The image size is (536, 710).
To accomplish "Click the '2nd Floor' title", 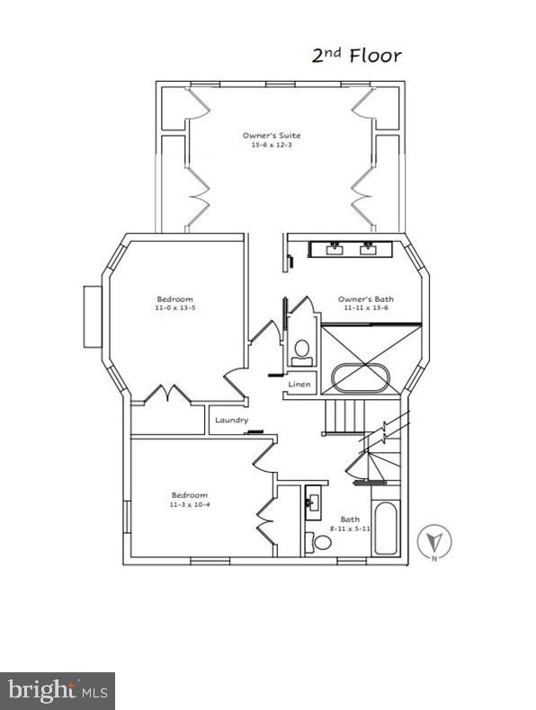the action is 356,55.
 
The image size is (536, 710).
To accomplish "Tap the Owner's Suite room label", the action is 272,136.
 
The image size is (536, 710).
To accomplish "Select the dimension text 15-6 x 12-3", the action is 272,145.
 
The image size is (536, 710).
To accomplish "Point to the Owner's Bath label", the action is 366,299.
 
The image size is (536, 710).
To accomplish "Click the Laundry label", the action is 231,421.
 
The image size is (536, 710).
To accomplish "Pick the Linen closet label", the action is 299,384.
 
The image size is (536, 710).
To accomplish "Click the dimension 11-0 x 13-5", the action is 174,307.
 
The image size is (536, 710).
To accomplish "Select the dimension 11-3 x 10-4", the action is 190,504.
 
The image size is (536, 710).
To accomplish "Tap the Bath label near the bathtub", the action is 350,519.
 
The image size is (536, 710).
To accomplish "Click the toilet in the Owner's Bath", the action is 302,352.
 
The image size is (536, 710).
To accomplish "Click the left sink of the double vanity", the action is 335,249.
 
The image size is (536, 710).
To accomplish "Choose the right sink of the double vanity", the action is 368,249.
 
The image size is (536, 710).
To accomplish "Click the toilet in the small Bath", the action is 318,542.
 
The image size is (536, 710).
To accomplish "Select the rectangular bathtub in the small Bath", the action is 385,528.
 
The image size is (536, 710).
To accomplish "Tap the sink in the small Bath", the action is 313,502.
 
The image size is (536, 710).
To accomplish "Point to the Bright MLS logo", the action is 58,691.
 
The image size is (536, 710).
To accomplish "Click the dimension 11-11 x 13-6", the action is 366,308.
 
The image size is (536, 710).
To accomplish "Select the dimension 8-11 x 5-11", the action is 350,528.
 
